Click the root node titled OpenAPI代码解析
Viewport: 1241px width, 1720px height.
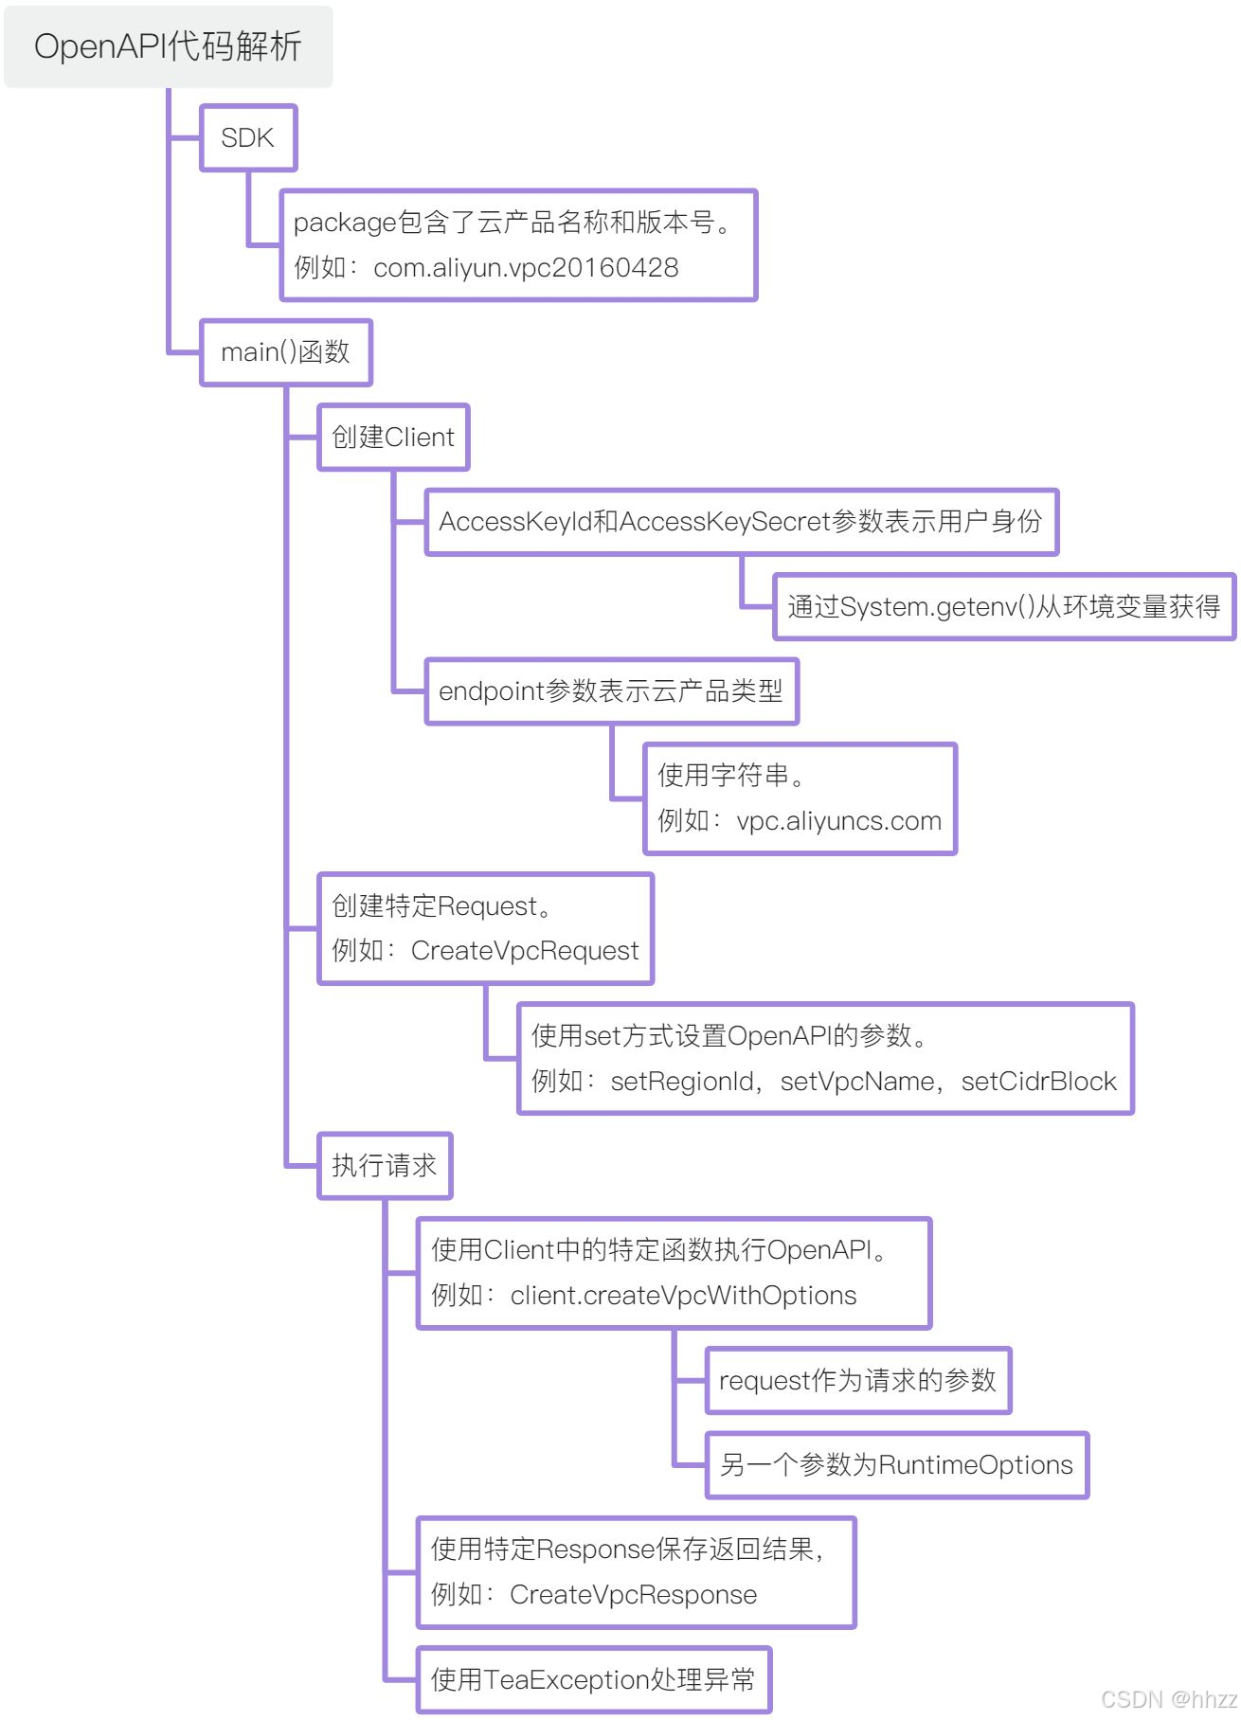coord(168,46)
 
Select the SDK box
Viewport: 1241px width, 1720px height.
coord(248,138)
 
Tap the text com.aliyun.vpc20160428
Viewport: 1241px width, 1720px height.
coord(526,268)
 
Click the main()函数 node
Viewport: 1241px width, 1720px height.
coord(285,352)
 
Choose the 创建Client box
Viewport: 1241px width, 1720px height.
coord(393,438)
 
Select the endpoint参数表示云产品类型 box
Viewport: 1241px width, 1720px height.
coord(611,691)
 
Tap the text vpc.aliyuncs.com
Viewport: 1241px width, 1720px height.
coord(838,821)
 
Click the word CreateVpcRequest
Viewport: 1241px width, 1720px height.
coord(525,951)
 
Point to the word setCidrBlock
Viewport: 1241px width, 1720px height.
coord(1038,1082)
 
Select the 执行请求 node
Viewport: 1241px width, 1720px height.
coord(384,1166)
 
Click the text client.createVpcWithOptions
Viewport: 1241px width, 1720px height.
coord(683,1296)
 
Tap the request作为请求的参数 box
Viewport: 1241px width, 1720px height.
coord(857,1381)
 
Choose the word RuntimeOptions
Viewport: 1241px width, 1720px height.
coord(976,1465)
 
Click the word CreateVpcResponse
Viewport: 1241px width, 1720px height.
coord(633,1595)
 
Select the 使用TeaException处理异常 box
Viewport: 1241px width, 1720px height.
coord(593,1680)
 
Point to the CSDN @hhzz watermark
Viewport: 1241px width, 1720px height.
coord(1169,1698)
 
